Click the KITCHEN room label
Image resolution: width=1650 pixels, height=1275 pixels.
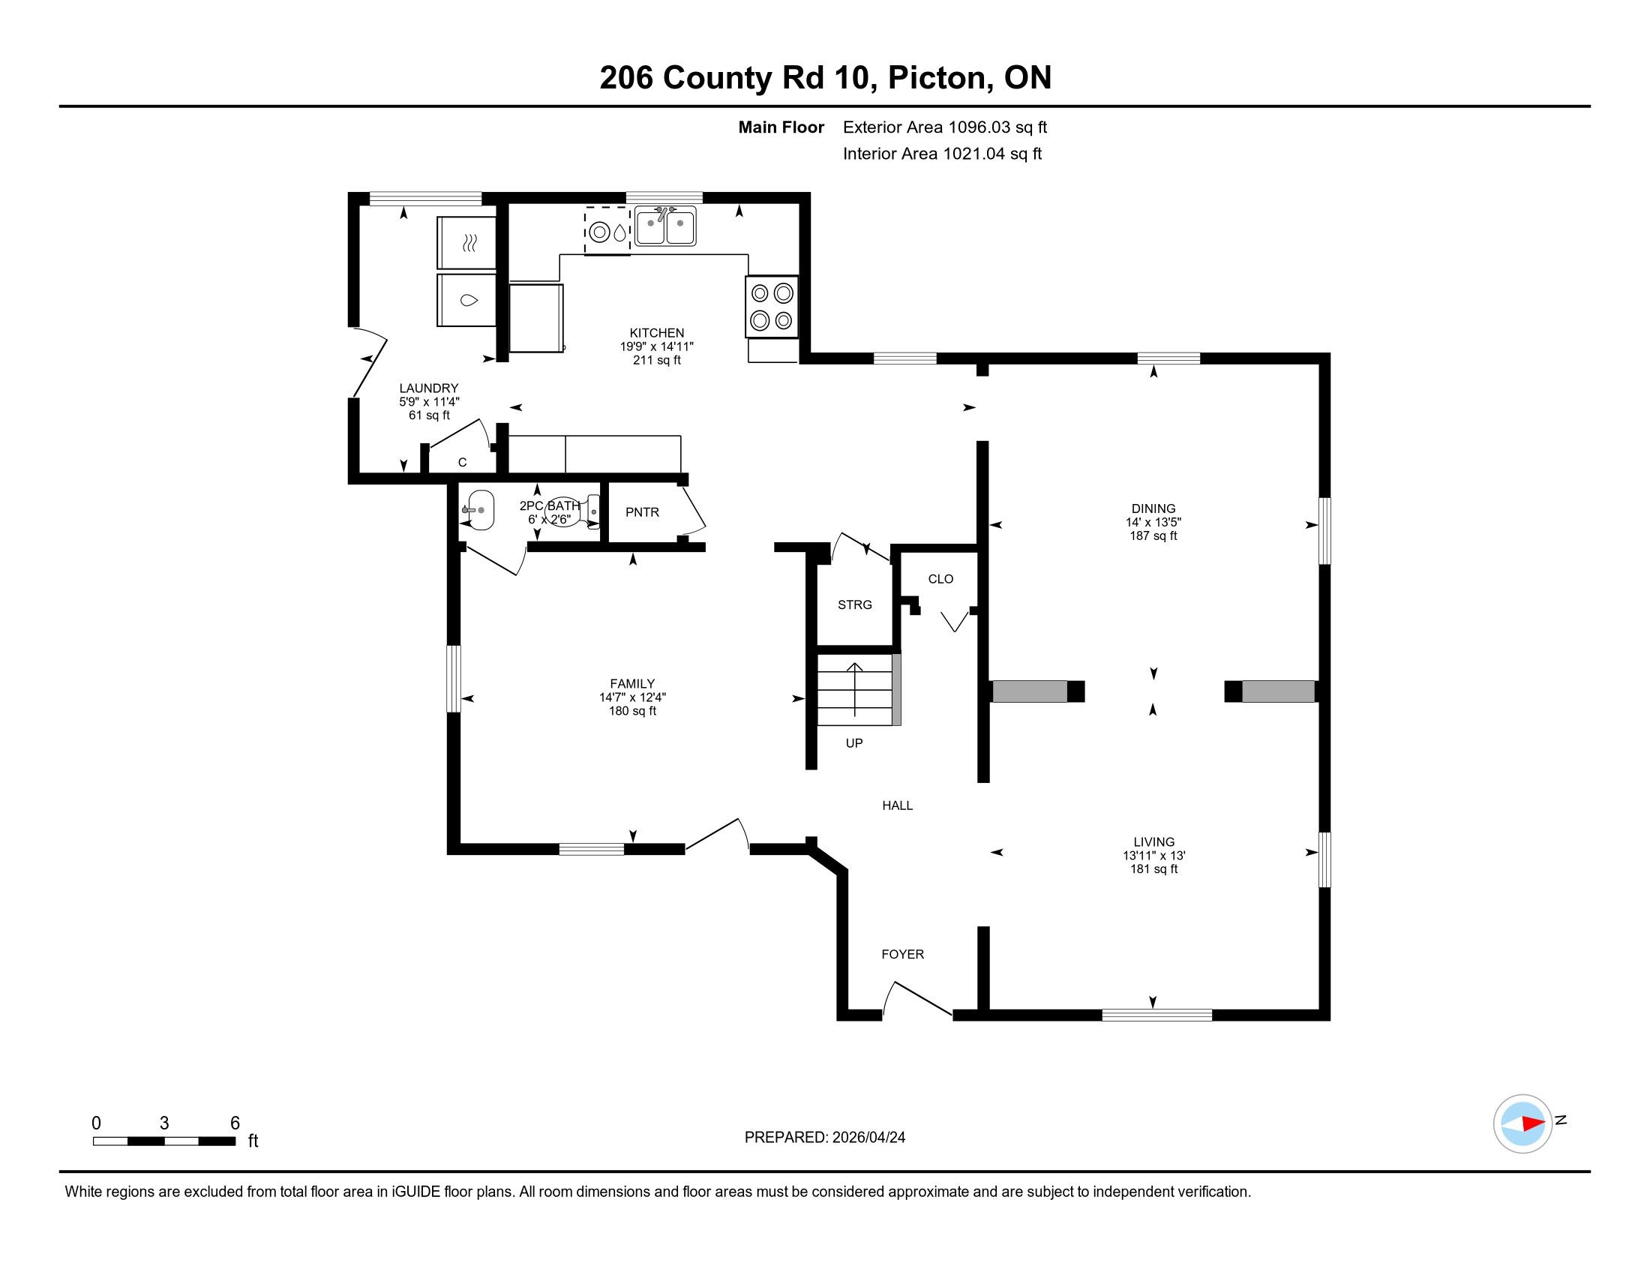point(656,332)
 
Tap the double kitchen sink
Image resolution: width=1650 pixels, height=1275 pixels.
point(664,226)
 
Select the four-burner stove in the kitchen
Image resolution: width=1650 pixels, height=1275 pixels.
point(771,307)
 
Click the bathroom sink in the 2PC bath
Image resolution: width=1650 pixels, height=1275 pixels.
point(478,511)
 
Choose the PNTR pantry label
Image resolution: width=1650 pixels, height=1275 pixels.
point(642,512)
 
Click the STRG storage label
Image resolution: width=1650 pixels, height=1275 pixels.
point(854,604)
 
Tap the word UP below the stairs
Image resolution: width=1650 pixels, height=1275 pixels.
point(853,743)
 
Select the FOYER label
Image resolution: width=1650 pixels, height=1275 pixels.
point(902,954)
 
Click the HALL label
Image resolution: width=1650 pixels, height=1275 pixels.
point(898,805)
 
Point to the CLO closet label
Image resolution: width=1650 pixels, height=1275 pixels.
point(940,578)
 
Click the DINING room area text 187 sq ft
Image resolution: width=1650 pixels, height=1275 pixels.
point(1153,535)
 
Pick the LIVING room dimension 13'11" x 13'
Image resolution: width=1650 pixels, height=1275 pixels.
point(1153,856)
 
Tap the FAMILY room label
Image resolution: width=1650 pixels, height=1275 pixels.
point(632,683)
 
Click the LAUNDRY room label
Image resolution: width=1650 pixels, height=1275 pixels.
point(429,388)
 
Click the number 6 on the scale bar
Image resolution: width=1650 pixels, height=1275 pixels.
point(235,1123)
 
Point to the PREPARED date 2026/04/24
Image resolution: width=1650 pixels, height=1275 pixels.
point(867,1138)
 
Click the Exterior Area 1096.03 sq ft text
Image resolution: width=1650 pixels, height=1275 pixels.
point(945,127)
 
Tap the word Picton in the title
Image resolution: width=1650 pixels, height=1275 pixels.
point(937,78)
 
